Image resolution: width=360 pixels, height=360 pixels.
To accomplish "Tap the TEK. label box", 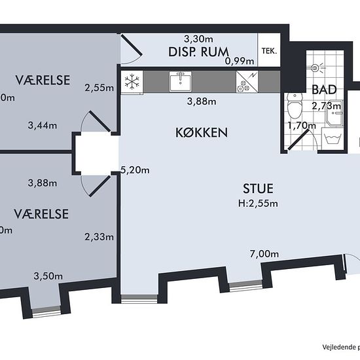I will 268,50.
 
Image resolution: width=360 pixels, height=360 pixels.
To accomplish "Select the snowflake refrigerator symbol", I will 133,82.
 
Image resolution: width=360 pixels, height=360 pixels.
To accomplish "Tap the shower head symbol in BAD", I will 317,67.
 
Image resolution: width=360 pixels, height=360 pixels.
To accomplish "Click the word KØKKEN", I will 202,132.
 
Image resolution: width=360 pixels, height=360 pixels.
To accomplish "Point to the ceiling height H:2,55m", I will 258,203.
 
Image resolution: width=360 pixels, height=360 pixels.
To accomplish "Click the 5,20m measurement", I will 135,170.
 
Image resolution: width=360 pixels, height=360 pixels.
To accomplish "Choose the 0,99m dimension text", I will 238,61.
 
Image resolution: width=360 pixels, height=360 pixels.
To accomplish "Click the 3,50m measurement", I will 48,276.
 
